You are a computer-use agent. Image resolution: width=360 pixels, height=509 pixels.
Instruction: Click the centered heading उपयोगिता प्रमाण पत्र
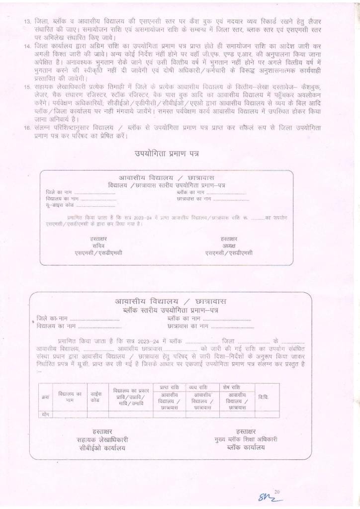[x=167, y=154]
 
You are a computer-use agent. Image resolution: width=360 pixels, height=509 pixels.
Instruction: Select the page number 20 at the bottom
[x=277, y=492]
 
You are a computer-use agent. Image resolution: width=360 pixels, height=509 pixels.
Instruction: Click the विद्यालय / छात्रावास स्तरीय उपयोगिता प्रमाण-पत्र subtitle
[x=167, y=185]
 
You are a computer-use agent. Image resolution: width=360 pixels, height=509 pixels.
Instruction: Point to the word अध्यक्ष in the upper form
[x=229, y=246]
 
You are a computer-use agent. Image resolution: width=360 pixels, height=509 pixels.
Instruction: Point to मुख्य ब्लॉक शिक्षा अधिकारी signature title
[x=244, y=439]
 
